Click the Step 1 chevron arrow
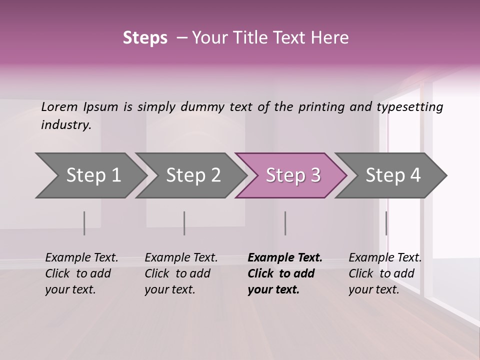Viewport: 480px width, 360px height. coord(90,175)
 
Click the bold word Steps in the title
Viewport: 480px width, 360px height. coord(145,38)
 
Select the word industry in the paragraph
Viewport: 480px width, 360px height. coord(66,125)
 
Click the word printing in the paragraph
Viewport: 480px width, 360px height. coord(321,107)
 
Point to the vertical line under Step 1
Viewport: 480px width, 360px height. coord(84,223)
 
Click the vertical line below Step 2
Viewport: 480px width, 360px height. coord(184,223)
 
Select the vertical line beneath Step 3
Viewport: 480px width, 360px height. coord(285,223)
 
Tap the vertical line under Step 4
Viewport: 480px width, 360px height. coord(386,223)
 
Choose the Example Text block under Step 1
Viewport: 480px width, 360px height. coord(81,273)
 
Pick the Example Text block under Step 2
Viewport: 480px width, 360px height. coord(181,273)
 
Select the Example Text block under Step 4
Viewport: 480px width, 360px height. coord(385,273)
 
